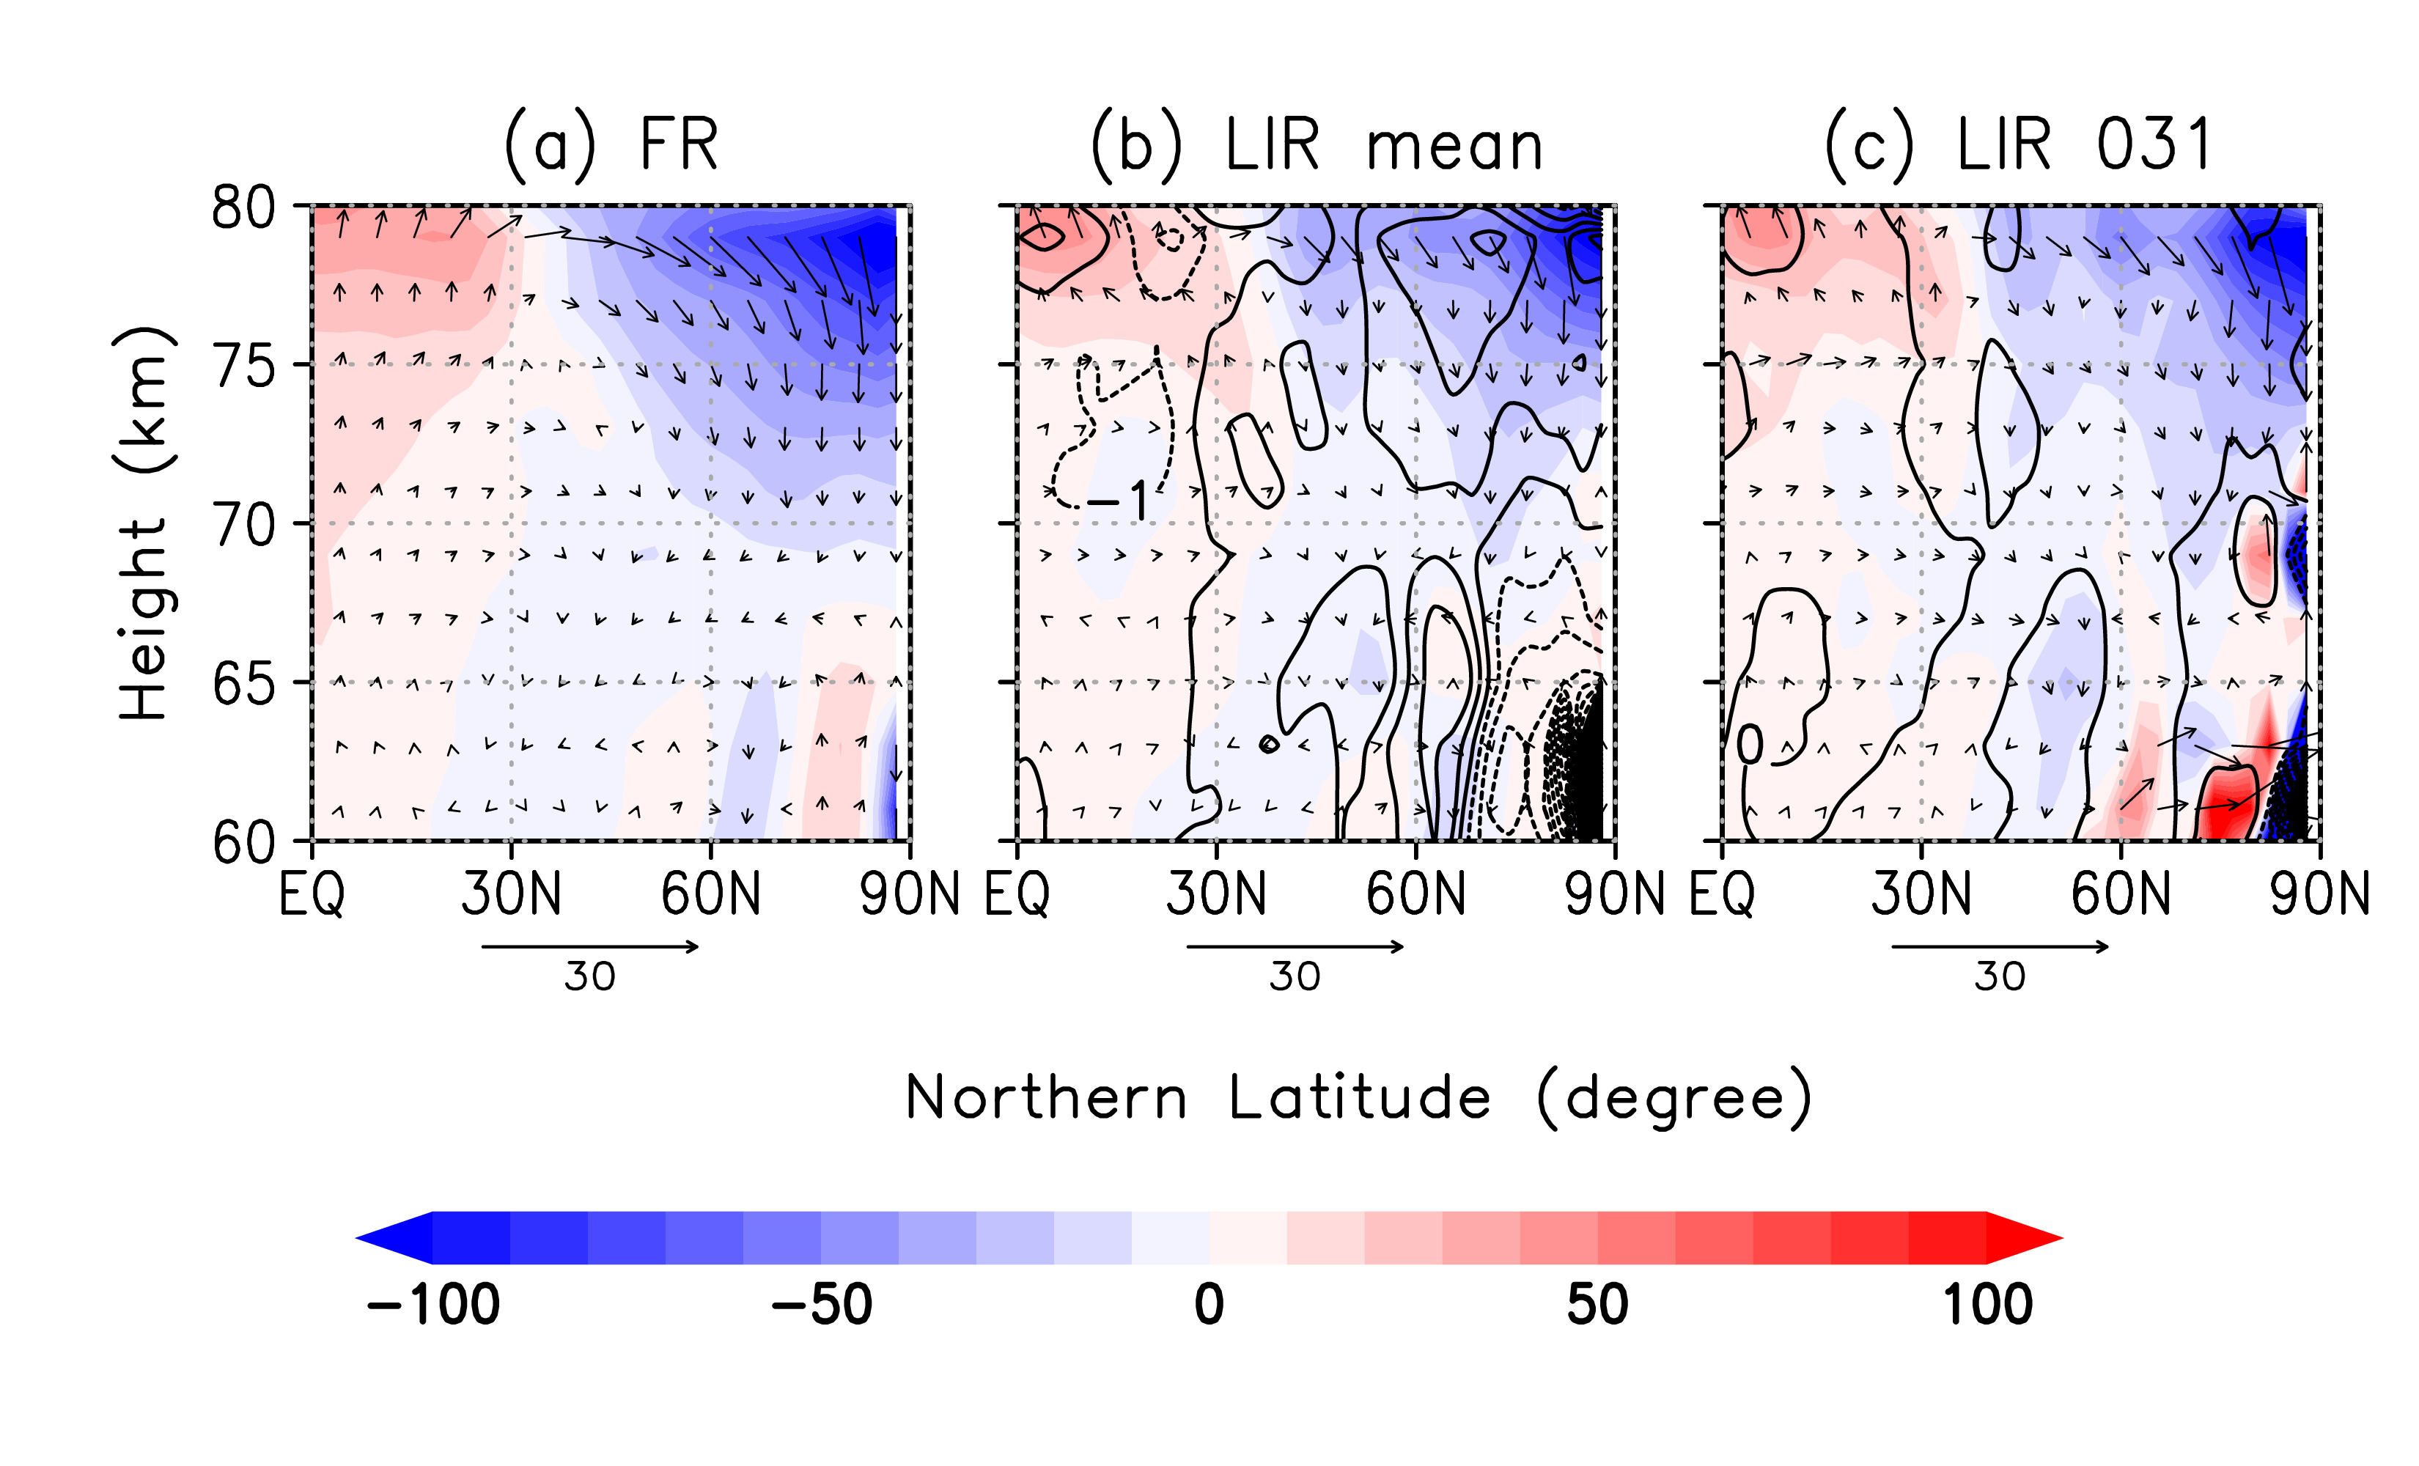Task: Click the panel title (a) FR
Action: (611, 144)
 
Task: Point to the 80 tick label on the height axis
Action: (243, 207)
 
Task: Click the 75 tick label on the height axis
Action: (243, 367)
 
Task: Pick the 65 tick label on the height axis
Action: (243, 685)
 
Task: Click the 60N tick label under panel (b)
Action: (1415, 894)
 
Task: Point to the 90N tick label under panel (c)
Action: (2319, 894)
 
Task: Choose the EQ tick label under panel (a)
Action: (312, 894)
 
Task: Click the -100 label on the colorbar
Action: (433, 1305)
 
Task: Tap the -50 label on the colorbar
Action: (822, 1305)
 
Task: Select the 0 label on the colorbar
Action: (1209, 1305)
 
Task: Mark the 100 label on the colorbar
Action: (1987, 1305)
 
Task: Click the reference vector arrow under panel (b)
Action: (1295, 946)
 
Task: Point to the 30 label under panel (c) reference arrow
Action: (2000, 977)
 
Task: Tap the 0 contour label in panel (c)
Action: (1748, 745)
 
